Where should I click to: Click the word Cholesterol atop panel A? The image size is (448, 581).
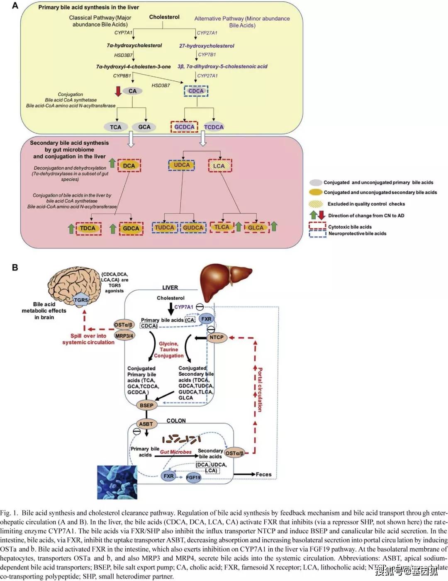click(164, 17)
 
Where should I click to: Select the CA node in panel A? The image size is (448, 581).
click(132, 91)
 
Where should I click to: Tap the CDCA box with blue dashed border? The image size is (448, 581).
click(196, 91)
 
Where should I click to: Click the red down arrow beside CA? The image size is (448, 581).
click(119, 91)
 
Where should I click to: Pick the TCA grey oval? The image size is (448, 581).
click(115, 127)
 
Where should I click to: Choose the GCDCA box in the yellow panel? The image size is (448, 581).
click(184, 127)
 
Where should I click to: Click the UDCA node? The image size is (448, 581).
click(181, 165)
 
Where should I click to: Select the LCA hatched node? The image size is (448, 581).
click(219, 166)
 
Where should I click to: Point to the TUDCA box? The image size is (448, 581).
click(165, 228)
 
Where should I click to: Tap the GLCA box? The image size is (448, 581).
click(256, 228)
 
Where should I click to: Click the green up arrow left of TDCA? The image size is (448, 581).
click(71, 228)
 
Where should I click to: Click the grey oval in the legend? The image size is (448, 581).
click(316, 182)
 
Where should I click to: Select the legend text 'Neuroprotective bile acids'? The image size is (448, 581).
click(357, 233)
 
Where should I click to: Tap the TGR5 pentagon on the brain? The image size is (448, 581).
click(81, 300)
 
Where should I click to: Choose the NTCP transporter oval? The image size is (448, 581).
click(216, 337)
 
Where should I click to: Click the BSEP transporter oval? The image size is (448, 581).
click(146, 405)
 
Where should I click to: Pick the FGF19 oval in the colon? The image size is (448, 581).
click(193, 477)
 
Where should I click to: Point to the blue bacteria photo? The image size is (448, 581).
click(117, 482)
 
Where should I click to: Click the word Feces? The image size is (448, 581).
click(263, 474)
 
